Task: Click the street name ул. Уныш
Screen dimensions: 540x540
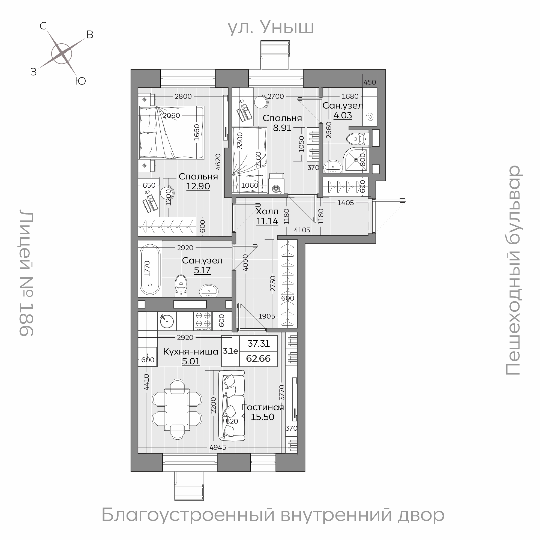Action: coord(271,27)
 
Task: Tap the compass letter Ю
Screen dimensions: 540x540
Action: coord(80,81)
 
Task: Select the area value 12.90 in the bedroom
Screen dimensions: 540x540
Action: coord(198,186)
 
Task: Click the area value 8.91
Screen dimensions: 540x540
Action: coord(282,128)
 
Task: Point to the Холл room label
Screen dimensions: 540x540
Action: coord(267,211)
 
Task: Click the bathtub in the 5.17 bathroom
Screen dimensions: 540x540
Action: coord(150,269)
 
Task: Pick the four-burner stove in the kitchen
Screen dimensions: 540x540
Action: coord(203,321)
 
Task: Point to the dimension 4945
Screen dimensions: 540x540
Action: coord(218,447)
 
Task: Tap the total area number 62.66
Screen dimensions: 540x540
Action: coord(258,359)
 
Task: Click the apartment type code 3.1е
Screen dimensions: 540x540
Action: coord(230,351)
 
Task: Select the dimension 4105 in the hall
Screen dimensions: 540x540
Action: coord(302,230)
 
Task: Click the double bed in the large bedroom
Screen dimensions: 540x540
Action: coord(171,133)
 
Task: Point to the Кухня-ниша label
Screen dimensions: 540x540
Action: coord(191,352)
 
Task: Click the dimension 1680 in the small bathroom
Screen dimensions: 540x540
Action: coord(350,97)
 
